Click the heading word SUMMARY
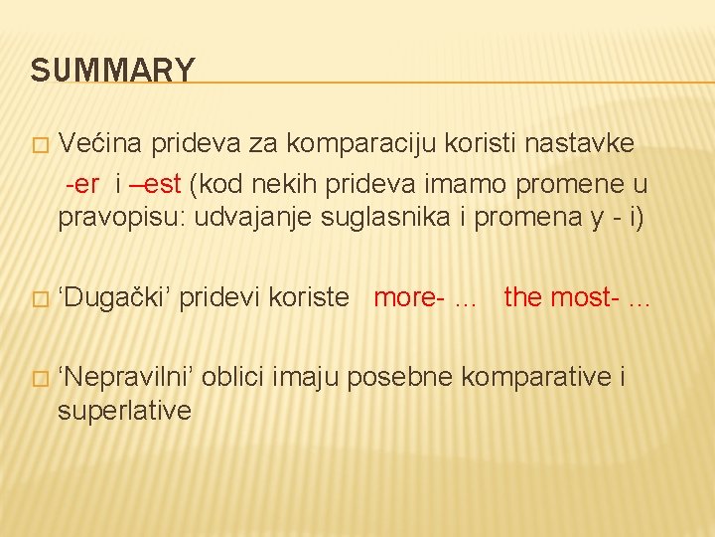[x=112, y=71]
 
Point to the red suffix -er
[x=82, y=184]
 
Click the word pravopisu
[x=120, y=218]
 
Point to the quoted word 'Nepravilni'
[x=128, y=377]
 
